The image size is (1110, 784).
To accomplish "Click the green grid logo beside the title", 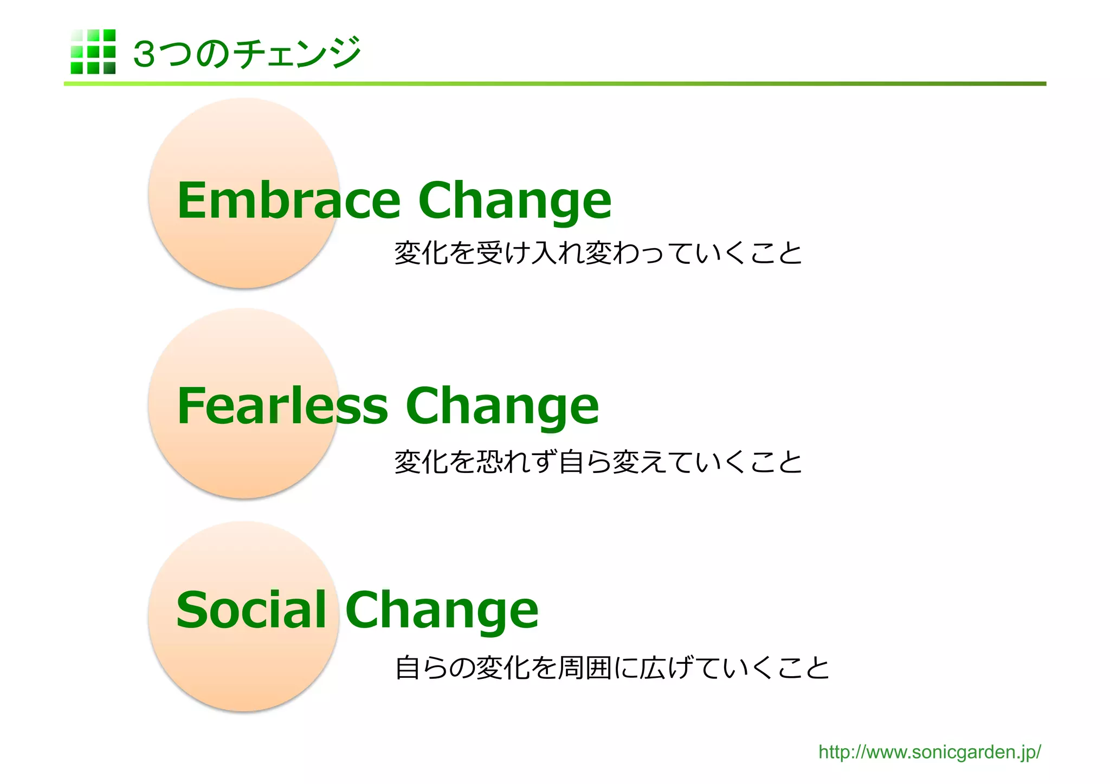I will [x=93, y=51].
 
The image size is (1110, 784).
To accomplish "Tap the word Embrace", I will [x=288, y=200].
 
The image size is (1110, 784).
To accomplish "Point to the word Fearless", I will [x=282, y=406].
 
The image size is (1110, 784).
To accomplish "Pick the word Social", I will [x=251, y=610].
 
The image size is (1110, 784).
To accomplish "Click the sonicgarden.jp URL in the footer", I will [x=929, y=752].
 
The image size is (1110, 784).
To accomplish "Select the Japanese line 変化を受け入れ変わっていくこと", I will [x=598, y=253].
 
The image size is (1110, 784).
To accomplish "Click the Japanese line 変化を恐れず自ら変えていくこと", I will [x=598, y=462].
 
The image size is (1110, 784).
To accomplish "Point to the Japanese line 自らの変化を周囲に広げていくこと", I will [x=612, y=668].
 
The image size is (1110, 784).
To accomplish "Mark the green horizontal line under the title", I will [x=554, y=84].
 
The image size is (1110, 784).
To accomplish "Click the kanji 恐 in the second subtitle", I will [x=489, y=462].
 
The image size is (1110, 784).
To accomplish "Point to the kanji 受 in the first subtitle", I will [x=489, y=253].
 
